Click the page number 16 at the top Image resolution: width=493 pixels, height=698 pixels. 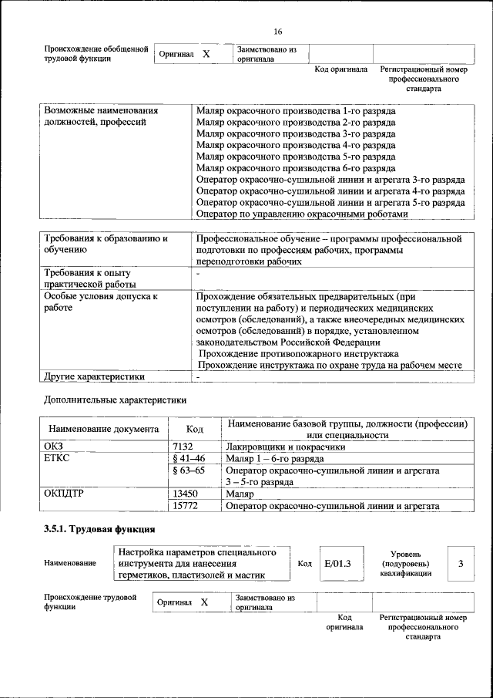click(x=278, y=32)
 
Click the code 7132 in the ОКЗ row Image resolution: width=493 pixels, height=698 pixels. click(x=183, y=446)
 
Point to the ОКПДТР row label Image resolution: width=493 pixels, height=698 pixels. click(x=64, y=494)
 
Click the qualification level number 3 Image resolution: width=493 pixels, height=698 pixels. click(x=461, y=563)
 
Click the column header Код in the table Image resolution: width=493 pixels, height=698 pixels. click(x=196, y=429)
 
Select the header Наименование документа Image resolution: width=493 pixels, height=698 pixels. click(x=104, y=429)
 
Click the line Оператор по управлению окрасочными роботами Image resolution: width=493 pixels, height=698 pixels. click(x=300, y=214)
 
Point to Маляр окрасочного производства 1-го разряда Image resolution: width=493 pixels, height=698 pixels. click(x=296, y=110)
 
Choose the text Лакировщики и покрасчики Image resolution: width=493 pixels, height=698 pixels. click(x=285, y=446)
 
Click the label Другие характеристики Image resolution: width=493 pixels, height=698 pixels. click(x=94, y=377)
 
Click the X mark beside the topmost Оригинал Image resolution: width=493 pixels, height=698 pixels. click(x=206, y=55)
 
